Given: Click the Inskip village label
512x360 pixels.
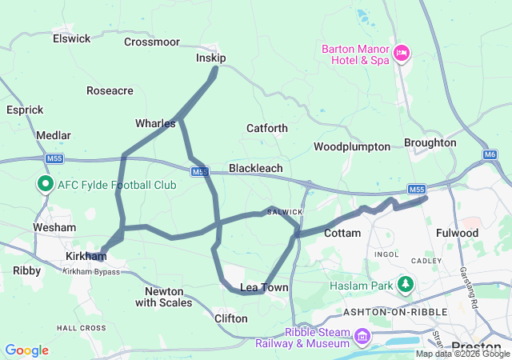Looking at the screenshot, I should [x=211, y=58].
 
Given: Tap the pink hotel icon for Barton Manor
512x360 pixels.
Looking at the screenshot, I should [x=402, y=54].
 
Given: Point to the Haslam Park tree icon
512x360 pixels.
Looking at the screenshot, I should [x=406, y=285].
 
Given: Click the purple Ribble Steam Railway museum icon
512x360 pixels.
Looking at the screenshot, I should [x=362, y=337].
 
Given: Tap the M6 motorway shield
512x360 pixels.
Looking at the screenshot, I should [x=490, y=154].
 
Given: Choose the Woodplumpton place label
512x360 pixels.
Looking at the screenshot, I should [x=352, y=146].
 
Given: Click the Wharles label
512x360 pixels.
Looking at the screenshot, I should [x=155, y=123].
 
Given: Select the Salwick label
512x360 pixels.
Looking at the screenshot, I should [x=285, y=211].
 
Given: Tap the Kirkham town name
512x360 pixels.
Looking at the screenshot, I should [x=86, y=257].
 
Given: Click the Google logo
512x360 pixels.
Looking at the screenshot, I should [x=26, y=350].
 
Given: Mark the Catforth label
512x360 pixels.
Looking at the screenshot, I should [x=267, y=128].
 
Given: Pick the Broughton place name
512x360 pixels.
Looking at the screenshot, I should [x=430, y=142].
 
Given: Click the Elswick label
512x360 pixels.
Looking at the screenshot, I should [x=71, y=38].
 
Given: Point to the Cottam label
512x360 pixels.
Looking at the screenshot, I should [x=344, y=233].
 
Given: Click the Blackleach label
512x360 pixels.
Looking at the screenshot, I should [x=255, y=169].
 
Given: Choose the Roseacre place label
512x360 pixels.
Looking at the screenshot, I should [x=110, y=91].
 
